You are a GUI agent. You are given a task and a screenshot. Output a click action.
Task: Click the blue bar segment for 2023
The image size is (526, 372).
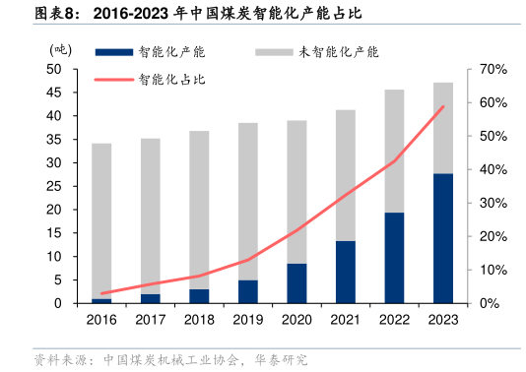tap(443, 238)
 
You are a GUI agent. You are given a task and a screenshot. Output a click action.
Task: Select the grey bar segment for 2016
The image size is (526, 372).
tap(101, 220)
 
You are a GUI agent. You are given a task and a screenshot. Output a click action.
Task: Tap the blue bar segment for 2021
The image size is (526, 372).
tap(346, 272)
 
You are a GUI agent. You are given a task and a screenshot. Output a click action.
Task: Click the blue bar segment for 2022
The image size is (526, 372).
tap(394, 258)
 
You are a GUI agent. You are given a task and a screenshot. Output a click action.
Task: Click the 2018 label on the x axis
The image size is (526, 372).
tap(199, 320)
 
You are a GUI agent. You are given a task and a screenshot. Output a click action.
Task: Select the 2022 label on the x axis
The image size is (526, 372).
tap(394, 320)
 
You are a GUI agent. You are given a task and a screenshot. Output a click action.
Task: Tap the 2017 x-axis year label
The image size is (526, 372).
tap(151, 320)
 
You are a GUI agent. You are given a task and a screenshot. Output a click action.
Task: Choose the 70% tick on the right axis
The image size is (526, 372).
tap(493, 70)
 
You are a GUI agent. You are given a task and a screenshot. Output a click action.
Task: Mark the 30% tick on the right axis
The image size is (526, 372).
tap(493, 203)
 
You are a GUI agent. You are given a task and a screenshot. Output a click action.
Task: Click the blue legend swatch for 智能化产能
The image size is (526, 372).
tap(113, 51)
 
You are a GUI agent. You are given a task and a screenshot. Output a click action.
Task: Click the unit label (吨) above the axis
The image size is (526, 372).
tap(60, 48)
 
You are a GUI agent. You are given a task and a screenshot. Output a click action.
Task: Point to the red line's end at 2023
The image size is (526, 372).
tap(443, 106)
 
